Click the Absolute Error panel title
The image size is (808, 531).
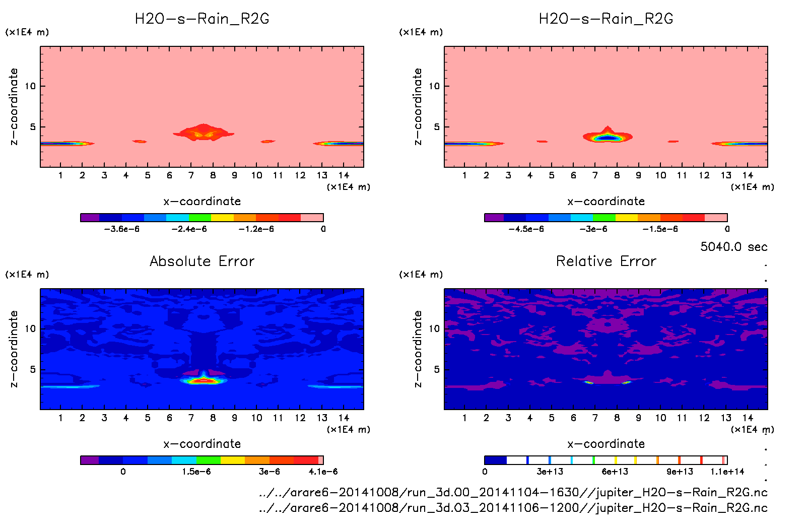[202, 261]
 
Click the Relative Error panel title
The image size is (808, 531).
[606, 261]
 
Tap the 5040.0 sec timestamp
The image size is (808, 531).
[733, 247]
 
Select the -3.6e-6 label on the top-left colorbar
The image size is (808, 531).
[121, 229]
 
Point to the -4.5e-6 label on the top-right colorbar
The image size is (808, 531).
[526, 229]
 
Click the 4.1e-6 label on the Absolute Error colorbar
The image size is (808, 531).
[323, 472]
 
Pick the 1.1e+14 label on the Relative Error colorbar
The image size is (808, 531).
[727, 472]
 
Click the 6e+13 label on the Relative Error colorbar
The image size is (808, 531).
[615, 472]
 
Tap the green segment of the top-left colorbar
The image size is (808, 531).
[200, 218]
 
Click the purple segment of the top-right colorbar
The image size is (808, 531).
[494, 218]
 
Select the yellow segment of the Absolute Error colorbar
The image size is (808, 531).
[233, 460]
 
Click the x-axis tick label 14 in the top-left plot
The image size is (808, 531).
[344, 175]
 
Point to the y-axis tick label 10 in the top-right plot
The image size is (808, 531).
[434, 86]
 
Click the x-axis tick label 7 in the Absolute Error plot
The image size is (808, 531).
[191, 418]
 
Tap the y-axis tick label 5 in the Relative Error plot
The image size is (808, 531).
[437, 369]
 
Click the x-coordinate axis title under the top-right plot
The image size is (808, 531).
[606, 202]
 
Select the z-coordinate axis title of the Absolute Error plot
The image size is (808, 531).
[14, 349]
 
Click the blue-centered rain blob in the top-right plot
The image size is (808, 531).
[608, 137]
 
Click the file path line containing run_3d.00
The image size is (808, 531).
[513, 492]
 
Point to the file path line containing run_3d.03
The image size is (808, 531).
[513, 508]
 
